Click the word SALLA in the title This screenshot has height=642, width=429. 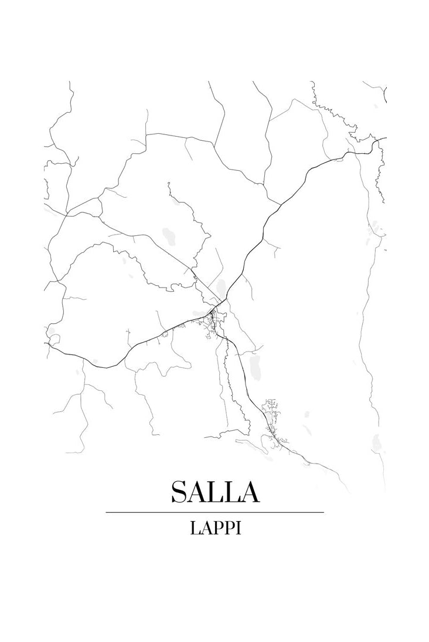(x=215, y=492)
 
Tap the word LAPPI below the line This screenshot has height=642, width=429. (x=215, y=528)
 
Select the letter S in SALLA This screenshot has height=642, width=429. (x=179, y=492)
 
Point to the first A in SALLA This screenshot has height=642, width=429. (x=198, y=492)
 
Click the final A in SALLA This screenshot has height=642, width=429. (x=250, y=492)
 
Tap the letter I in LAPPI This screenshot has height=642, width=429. (x=239, y=528)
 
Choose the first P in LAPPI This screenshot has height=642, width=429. (x=218, y=528)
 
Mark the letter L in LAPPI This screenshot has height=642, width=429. (x=195, y=528)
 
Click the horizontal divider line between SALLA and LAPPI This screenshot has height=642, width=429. (x=215, y=512)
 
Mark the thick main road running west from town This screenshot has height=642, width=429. (x=135, y=346)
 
